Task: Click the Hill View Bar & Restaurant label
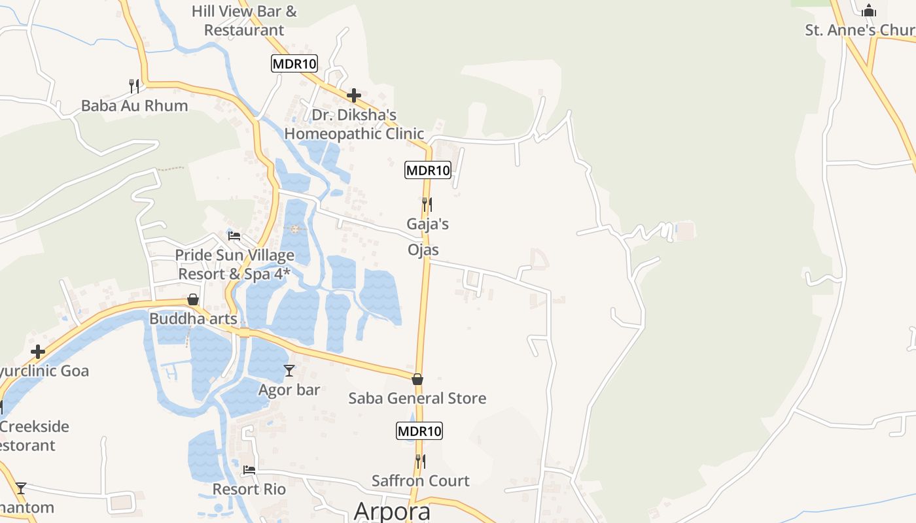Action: pyautogui.click(x=244, y=21)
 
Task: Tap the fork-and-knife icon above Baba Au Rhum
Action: pyautogui.click(x=134, y=86)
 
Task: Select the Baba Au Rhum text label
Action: pyautogui.click(x=134, y=105)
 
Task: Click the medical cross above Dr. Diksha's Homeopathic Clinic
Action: pyautogui.click(x=354, y=95)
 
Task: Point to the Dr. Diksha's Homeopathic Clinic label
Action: pyautogui.click(x=354, y=124)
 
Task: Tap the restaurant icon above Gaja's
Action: pyautogui.click(x=427, y=205)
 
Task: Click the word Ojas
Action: pyautogui.click(x=423, y=250)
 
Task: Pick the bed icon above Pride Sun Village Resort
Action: pyautogui.click(x=234, y=235)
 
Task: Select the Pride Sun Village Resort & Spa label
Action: pyautogui.click(x=234, y=264)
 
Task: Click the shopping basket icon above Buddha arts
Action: pyautogui.click(x=193, y=299)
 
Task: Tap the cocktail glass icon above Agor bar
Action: pyautogui.click(x=289, y=371)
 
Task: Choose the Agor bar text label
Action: pyautogui.click(x=289, y=390)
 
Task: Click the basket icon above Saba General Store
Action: pyautogui.click(x=417, y=379)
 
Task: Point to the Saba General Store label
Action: pyautogui.click(x=417, y=398)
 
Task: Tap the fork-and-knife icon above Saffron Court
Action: pyautogui.click(x=421, y=462)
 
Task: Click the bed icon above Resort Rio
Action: pyautogui.click(x=249, y=469)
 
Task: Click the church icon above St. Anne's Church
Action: pyautogui.click(x=869, y=10)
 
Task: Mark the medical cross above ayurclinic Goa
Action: pyautogui.click(x=38, y=352)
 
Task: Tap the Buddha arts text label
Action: pyautogui.click(x=193, y=319)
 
